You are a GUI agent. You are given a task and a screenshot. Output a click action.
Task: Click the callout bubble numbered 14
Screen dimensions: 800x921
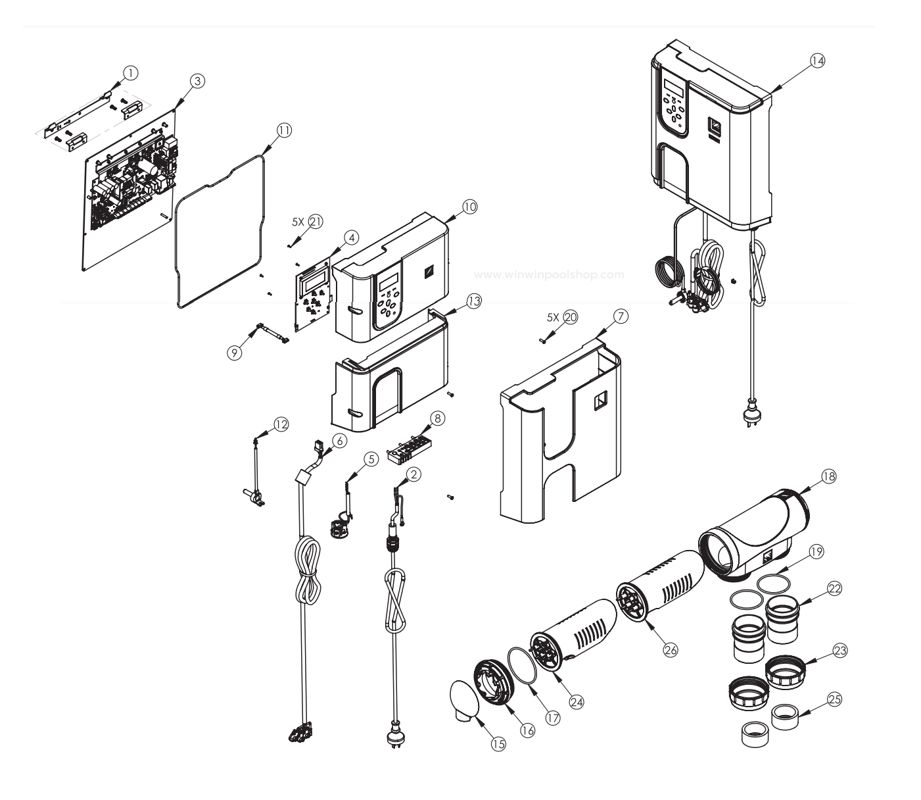pyautogui.click(x=816, y=60)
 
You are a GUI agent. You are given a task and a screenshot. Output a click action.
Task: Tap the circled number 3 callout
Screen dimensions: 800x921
pyautogui.click(x=197, y=80)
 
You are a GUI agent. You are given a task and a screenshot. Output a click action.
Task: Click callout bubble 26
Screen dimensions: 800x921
pyautogui.click(x=670, y=649)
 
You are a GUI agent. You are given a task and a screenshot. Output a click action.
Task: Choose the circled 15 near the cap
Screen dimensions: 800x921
pyautogui.click(x=498, y=743)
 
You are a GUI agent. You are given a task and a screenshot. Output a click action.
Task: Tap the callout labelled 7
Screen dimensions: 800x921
pyautogui.click(x=621, y=316)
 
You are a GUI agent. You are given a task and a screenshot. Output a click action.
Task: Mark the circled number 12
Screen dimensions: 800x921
pyautogui.click(x=281, y=424)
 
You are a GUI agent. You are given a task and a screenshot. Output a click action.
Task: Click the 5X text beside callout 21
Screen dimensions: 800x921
pyautogui.click(x=298, y=222)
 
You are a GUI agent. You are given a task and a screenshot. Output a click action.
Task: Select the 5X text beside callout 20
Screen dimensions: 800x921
pyautogui.click(x=553, y=316)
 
